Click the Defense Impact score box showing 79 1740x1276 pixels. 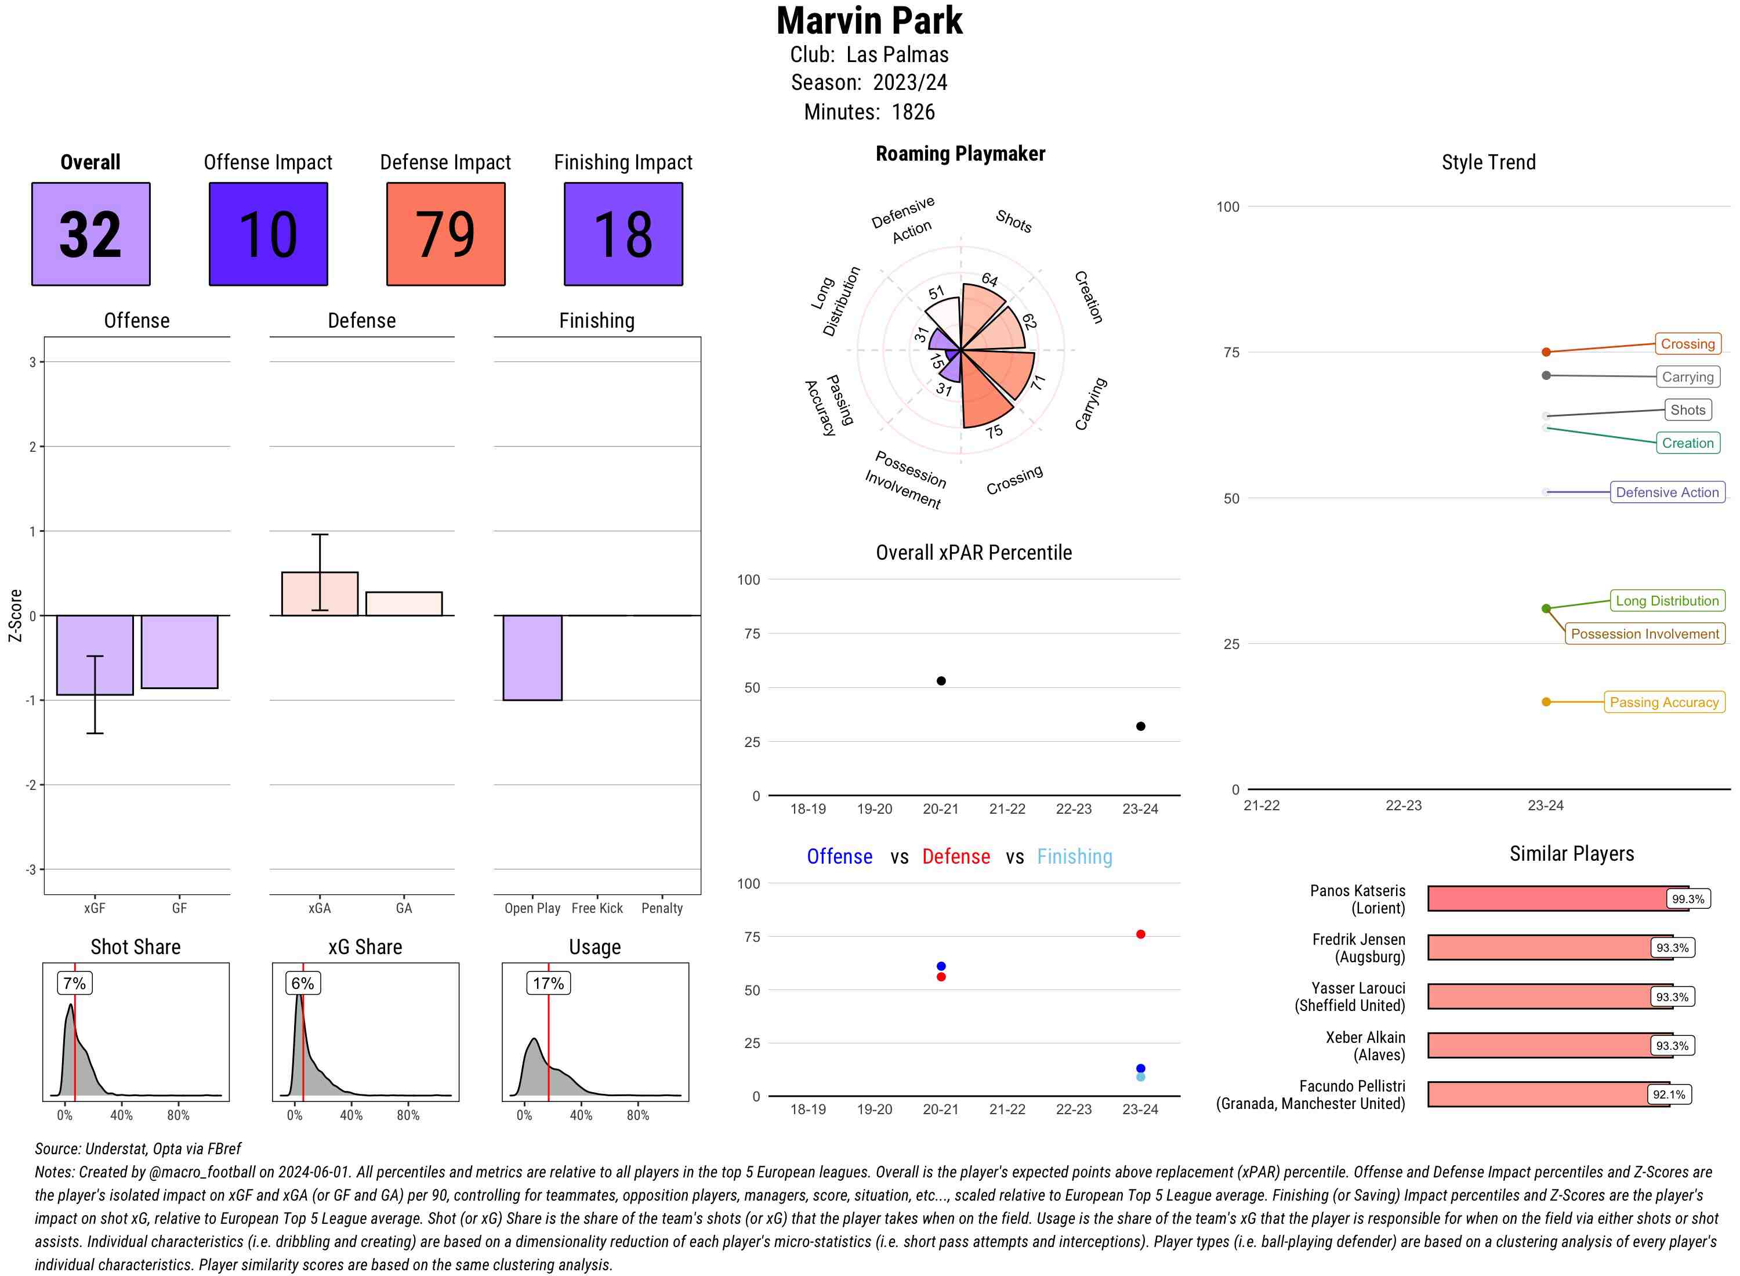point(445,234)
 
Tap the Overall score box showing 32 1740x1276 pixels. point(90,234)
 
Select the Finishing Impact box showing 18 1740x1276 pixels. point(623,234)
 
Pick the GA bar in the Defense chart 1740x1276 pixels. point(404,604)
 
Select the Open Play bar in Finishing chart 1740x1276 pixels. point(532,657)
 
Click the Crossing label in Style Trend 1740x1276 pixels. point(1687,344)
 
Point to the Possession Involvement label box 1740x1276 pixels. point(1644,634)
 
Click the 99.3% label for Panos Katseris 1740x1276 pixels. point(1687,899)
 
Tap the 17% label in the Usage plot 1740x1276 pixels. point(548,983)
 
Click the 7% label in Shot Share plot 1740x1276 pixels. point(74,983)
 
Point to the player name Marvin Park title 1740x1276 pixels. point(869,21)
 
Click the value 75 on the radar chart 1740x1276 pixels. point(994,431)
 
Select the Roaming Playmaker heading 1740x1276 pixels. point(960,154)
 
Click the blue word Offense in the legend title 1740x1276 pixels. point(839,857)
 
